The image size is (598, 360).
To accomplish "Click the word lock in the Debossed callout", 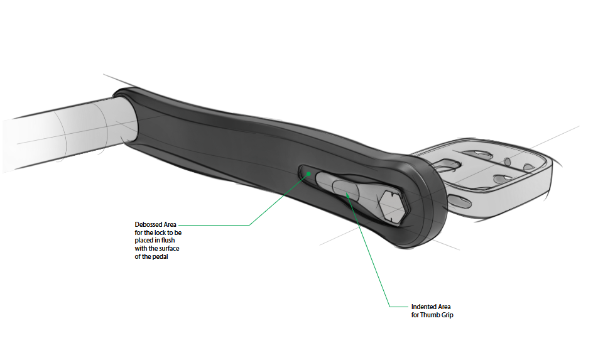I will click(x=155, y=232).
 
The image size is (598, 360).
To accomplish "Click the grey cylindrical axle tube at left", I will click(x=57, y=135).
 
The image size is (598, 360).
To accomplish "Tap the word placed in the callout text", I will click(x=144, y=240).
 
